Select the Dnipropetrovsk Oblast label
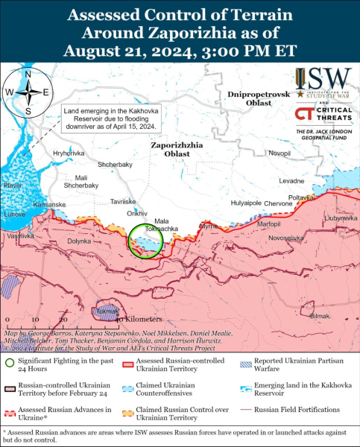pyautogui.click(x=250, y=99)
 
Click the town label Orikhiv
pyautogui.click(x=137, y=213)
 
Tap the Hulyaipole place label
pyautogui.click(x=245, y=203)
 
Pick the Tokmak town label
pyautogui.click(x=107, y=311)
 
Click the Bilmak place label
pyautogui.click(x=318, y=316)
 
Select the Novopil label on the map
pyautogui.click(x=280, y=153)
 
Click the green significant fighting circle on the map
pyautogui.click(x=144, y=242)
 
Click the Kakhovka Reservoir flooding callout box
pyautogui.click(x=110, y=117)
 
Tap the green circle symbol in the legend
pyautogui.click(x=9, y=364)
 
